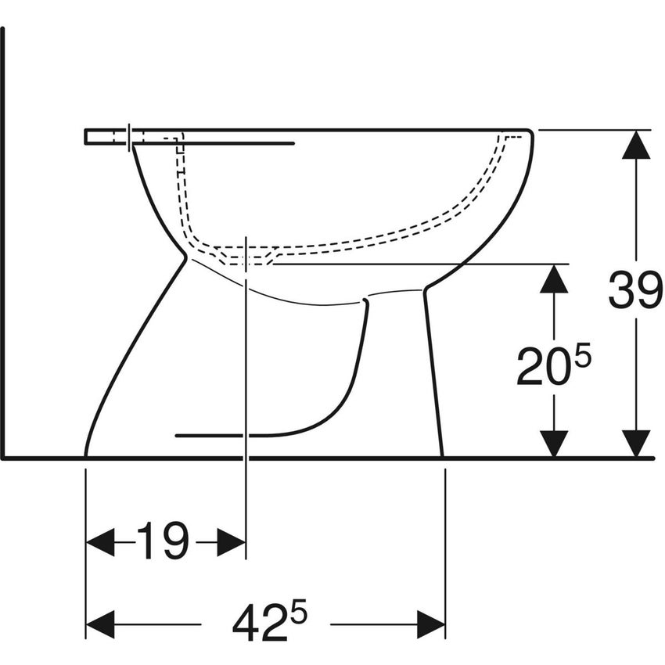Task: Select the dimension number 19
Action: [164, 541]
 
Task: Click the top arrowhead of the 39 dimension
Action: [636, 144]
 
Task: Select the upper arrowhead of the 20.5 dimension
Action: [554, 279]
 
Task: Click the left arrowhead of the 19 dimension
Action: [100, 541]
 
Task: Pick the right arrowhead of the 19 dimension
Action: [231, 541]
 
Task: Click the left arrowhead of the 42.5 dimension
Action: [100, 624]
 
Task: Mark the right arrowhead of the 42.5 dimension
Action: [430, 624]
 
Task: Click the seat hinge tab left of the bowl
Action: [106, 137]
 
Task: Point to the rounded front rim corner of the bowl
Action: [529, 135]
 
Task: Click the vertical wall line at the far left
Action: [3, 235]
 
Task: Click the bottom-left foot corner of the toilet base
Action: [86, 454]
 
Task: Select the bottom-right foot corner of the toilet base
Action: [442, 454]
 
